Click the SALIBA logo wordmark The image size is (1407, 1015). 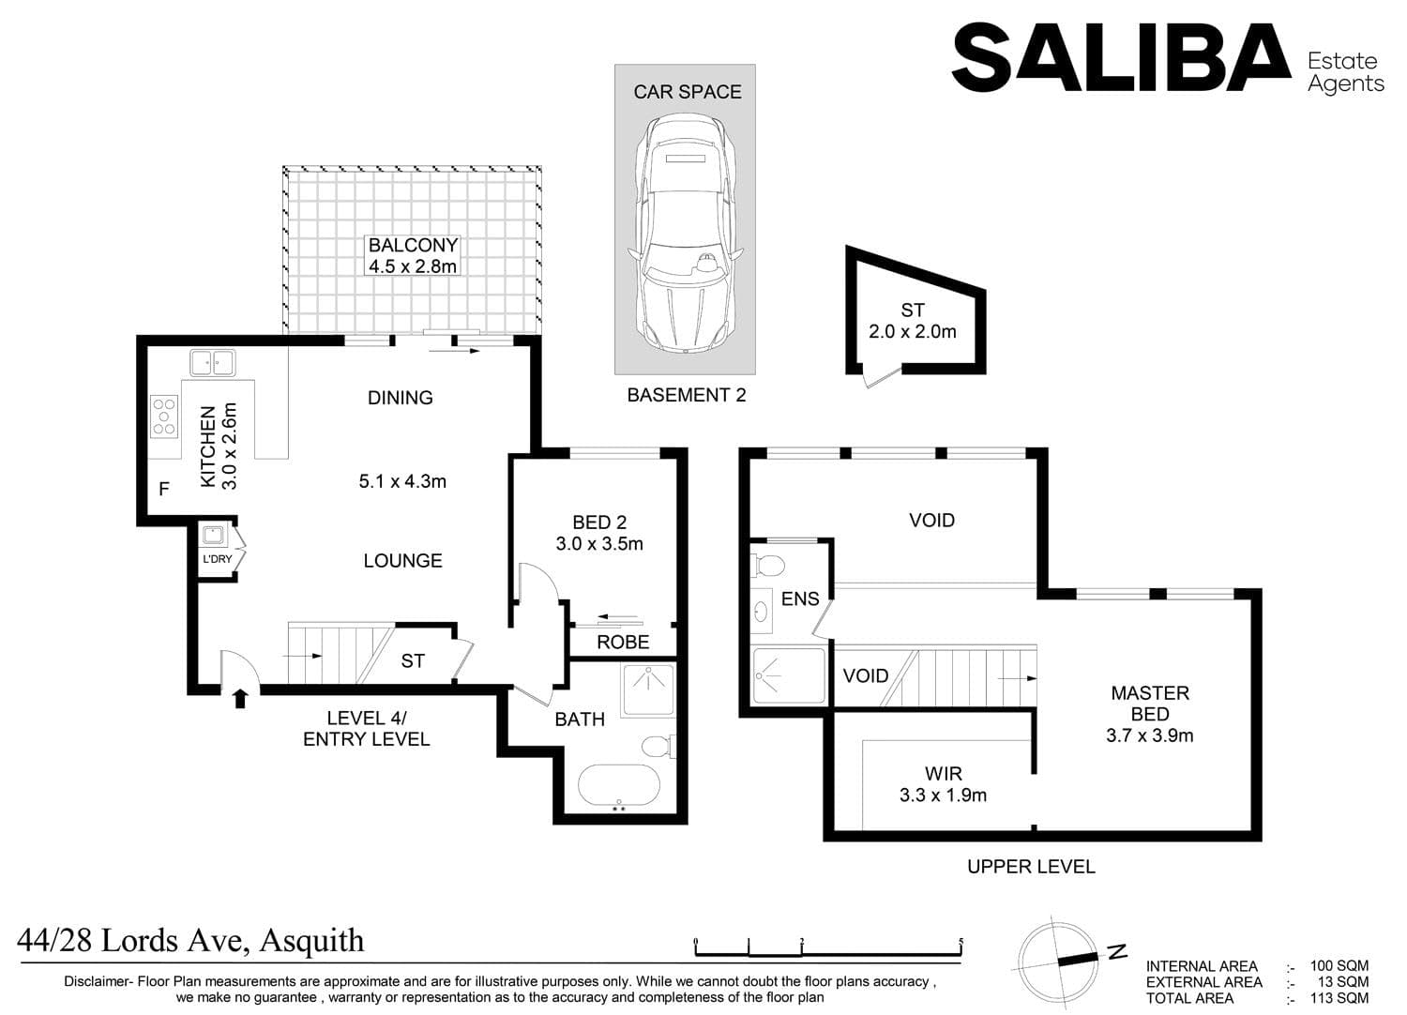(x=1122, y=57)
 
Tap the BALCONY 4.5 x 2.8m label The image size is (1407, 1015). (x=413, y=255)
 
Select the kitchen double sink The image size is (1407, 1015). (x=213, y=362)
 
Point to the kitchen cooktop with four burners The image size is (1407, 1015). (x=164, y=417)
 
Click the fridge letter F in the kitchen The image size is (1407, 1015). (x=164, y=489)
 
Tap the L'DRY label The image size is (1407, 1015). (x=218, y=559)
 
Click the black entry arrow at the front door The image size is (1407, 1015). (x=240, y=698)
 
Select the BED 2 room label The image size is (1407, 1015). (x=599, y=533)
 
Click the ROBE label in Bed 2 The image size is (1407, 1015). (x=623, y=642)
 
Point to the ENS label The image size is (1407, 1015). (x=800, y=598)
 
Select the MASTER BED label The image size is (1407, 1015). (x=1149, y=703)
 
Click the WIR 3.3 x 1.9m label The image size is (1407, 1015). (x=943, y=784)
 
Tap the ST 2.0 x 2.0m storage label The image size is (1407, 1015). (x=912, y=320)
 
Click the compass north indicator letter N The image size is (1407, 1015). (x=1117, y=953)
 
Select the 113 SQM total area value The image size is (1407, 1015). (x=1339, y=998)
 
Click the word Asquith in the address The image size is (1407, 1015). (x=311, y=941)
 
